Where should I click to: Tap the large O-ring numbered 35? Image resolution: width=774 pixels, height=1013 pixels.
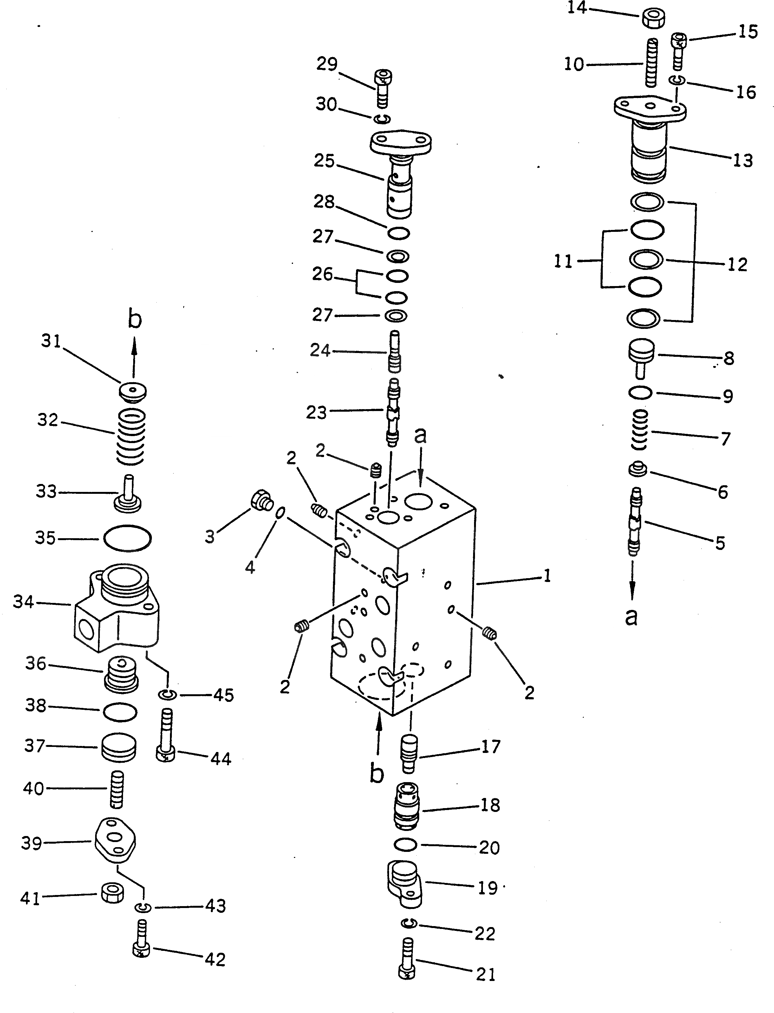point(127,538)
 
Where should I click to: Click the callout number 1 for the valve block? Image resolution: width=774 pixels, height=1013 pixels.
point(547,576)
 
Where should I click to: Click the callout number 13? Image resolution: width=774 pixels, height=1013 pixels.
point(743,160)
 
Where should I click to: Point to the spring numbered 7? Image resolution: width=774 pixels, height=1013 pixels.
point(640,430)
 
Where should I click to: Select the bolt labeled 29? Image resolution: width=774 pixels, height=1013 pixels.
point(383,88)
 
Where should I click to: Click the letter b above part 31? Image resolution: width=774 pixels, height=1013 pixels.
point(134,319)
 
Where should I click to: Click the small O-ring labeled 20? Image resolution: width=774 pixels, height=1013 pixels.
point(406,845)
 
